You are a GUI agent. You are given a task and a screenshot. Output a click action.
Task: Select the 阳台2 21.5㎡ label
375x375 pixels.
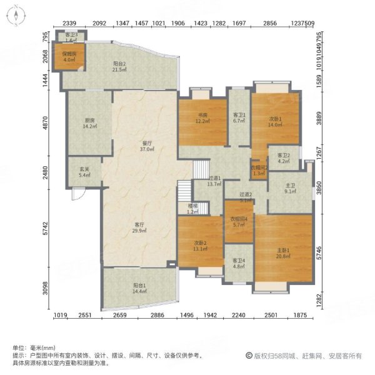click(120, 66)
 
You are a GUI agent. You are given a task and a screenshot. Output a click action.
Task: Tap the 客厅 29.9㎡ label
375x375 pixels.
click(140, 227)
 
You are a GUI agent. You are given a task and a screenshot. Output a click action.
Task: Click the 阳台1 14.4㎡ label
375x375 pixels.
click(139, 288)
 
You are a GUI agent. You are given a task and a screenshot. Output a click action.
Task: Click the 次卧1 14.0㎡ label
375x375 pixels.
click(276, 121)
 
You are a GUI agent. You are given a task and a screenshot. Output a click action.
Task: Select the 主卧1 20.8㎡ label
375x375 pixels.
click(284, 252)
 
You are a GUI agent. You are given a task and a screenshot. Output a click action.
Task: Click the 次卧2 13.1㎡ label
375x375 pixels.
click(200, 246)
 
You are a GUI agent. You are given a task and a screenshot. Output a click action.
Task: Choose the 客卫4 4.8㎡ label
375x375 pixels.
click(239, 263)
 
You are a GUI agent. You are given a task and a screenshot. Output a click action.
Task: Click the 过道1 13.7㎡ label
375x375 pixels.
click(214, 182)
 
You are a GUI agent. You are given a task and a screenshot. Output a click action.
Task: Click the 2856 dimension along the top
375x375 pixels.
click(269, 22)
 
